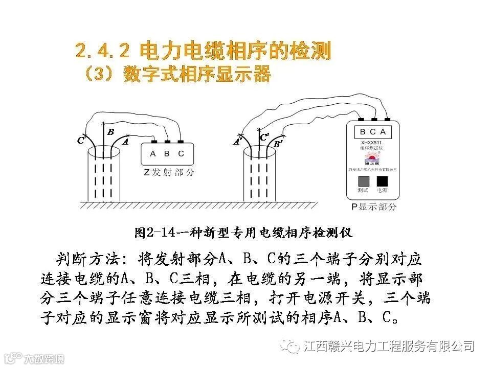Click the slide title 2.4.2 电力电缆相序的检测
point(203,51)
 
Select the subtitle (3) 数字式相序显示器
point(176,75)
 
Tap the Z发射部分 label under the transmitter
point(168,173)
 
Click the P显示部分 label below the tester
point(373,207)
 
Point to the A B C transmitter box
point(167,153)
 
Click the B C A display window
point(373,132)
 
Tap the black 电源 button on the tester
point(382,181)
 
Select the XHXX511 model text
point(373,142)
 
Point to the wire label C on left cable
point(81,141)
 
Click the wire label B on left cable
point(110,132)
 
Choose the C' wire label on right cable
point(264,137)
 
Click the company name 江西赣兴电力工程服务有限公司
point(389,347)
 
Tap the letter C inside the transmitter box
point(181,153)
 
